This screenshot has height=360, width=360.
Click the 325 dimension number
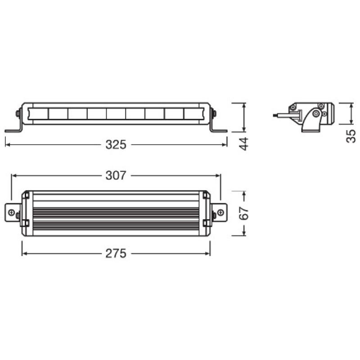[116, 145]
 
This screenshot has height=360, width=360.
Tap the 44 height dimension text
[243, 144]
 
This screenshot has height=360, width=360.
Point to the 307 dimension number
[116, 175]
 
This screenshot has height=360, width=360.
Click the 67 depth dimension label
[243, 213]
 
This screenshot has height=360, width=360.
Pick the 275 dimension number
[116, 254]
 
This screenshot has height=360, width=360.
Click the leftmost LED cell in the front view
[38, 113]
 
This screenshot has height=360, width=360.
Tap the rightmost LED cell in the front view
[193, 113]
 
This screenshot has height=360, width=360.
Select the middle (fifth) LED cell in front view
[116, 113]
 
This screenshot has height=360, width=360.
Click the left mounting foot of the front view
[13, 130]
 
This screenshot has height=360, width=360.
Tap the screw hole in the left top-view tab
[12, 212]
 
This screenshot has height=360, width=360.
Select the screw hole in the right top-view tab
[220, 212]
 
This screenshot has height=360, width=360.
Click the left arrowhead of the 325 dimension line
[7, 145]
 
